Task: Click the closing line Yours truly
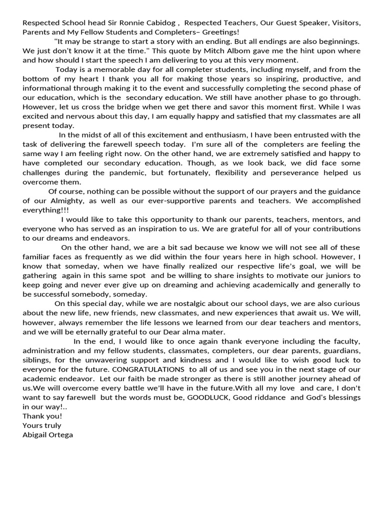click(42, 425)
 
